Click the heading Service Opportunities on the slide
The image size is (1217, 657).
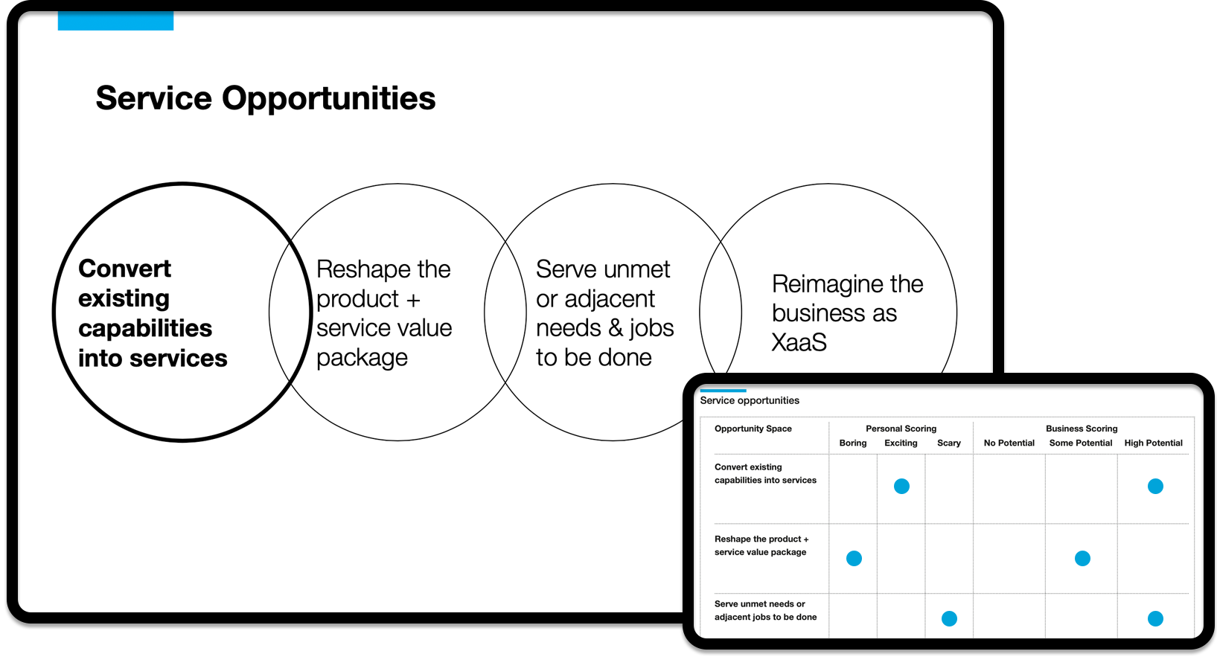[x=266, y=98]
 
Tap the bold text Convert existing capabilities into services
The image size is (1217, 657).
[x=153, y=313]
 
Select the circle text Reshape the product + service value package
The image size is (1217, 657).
[x=384, y=313]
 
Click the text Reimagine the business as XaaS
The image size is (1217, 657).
[x=848, y=313]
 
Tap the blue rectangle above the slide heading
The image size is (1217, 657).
[x=115, y=21]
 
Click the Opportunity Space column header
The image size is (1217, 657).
[x=753, y=429]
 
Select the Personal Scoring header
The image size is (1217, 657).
[x=901, y=429]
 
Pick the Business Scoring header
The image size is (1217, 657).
[x=1082, y=429]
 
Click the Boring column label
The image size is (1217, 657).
[x=853, y=443]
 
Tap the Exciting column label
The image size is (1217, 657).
[x=901, y=443]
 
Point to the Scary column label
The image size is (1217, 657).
[x=948, y=443]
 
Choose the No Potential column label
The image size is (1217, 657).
[x=1009, y=443]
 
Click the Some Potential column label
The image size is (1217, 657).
[x=1081, y=443]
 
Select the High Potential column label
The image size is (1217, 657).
[x=1154, y=443]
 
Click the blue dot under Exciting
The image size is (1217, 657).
[x=901, y=486]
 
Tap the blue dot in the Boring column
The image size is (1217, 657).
[x=854, y=558]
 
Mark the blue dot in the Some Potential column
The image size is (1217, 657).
[x=1082, y=558]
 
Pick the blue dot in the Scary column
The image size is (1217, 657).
[x=949, y=618]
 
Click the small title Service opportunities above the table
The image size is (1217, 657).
[x=750, y=401]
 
